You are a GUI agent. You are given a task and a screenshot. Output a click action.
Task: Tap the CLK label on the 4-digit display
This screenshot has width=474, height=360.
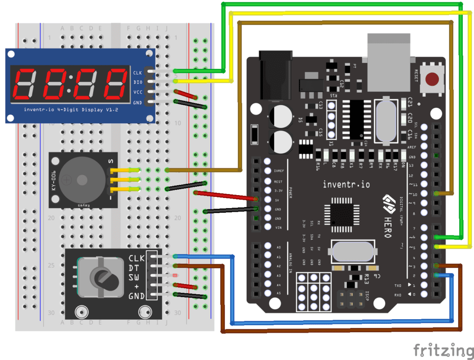coord(137,73)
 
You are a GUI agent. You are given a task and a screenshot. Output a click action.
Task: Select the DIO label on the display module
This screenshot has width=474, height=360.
coord(137,82)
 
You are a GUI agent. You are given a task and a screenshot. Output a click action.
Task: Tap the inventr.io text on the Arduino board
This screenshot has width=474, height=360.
coord(346,184)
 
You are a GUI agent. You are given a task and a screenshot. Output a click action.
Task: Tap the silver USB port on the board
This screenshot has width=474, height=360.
coord(388,60)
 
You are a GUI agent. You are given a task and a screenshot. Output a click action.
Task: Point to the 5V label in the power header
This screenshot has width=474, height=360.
coord(278,200)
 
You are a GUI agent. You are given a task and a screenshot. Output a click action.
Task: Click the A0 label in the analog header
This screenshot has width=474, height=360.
coord(278,247)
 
